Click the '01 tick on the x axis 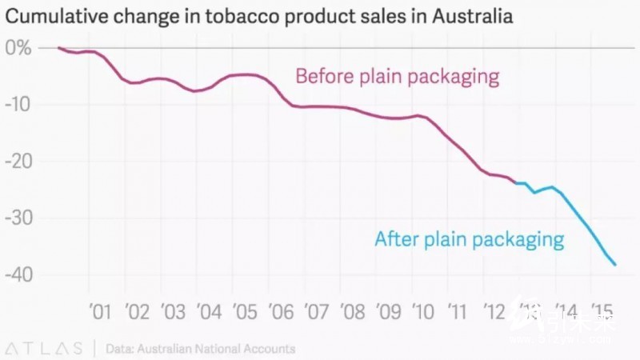[99, 310]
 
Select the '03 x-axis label [172, 310]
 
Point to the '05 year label [244, 310]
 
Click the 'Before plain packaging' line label [398, 77]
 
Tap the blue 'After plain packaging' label [470, 238]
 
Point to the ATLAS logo [44, 349]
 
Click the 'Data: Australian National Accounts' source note [200, 349]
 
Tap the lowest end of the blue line [615, 265]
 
